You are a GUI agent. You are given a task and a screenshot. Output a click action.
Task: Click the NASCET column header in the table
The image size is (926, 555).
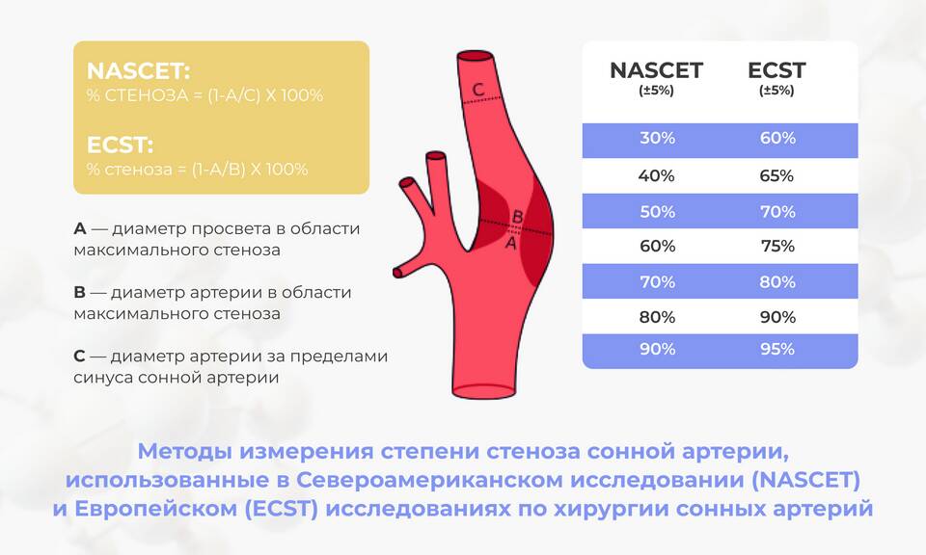coord(656,70)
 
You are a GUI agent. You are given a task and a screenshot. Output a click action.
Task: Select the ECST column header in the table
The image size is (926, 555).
coord(776,70)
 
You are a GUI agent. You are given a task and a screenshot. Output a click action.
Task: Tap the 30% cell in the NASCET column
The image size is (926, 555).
coord(657,138)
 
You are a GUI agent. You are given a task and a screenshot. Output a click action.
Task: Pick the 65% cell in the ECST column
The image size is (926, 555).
coord(776,175)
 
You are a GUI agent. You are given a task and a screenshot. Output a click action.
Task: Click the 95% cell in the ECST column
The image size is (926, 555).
coord(777,349)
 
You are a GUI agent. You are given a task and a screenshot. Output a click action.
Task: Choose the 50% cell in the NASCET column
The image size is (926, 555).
coord(657,212)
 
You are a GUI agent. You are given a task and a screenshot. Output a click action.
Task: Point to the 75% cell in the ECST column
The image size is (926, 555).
coord(777,246)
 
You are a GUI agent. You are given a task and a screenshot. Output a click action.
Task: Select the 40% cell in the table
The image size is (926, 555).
coord(656,175)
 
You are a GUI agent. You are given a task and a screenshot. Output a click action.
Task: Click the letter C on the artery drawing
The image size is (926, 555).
coord(478,90)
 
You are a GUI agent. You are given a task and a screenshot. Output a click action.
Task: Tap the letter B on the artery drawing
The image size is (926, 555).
coord(517,217)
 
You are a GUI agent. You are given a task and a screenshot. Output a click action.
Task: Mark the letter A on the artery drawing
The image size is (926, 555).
coord(511,243)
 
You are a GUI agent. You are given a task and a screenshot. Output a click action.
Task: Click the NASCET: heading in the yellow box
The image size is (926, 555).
coord(138,70)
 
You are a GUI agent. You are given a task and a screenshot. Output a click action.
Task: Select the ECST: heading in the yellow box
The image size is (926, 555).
coord(120,145)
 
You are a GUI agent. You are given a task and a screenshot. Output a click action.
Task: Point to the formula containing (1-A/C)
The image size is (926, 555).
coord(204,95)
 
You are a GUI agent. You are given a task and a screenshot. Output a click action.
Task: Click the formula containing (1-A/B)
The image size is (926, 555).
coord(197,170)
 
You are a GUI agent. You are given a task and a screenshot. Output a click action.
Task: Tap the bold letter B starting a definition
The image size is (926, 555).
coord(80,293)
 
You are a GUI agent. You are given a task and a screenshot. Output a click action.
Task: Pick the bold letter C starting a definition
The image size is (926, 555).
coord(80,357)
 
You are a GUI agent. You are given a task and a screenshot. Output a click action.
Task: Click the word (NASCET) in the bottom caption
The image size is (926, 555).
coord(806,480)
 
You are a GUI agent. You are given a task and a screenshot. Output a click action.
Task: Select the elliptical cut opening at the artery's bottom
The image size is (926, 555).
coord(483,390)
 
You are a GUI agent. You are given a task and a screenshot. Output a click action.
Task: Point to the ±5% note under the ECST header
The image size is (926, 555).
coord(776,91)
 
